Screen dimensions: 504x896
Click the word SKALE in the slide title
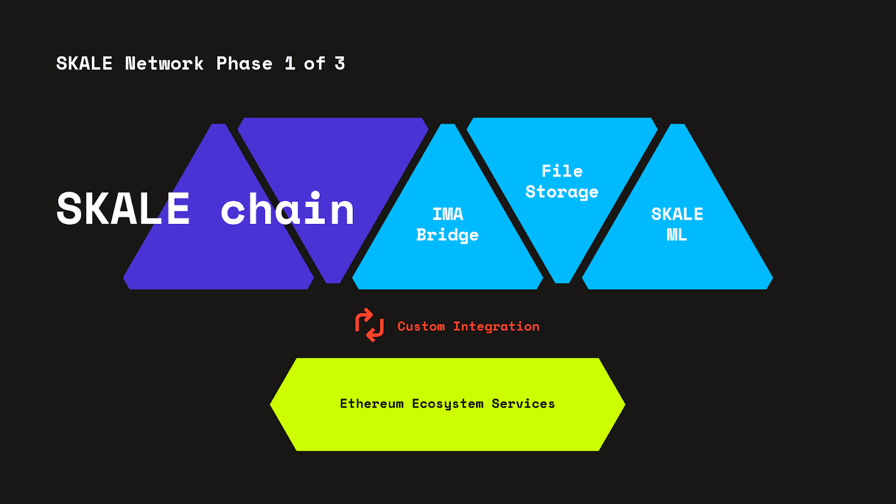point(84,64)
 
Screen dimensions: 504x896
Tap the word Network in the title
point(164,64)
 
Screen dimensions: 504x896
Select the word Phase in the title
point(244,64)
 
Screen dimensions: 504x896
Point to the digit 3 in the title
point(339,64)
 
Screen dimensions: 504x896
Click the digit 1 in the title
point(290,64)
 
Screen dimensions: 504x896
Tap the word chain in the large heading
point(287,209)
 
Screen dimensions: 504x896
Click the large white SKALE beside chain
point(123,209)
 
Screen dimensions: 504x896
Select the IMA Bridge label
point(447,225)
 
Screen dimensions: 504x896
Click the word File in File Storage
point(562,171)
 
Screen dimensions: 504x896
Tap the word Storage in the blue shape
point(562,192)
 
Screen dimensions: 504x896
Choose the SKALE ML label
point(677,224)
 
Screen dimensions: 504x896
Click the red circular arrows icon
point(370,325)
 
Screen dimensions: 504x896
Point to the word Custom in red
point(421,326)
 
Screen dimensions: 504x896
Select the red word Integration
point(496,326)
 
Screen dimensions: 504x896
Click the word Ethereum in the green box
point(372,404)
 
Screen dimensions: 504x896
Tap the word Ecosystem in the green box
point(447,404)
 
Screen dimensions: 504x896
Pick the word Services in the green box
point(523,404)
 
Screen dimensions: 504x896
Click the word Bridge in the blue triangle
point(447,235)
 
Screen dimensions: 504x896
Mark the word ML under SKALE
point(677,235)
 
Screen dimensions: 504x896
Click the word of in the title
point(314,64)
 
